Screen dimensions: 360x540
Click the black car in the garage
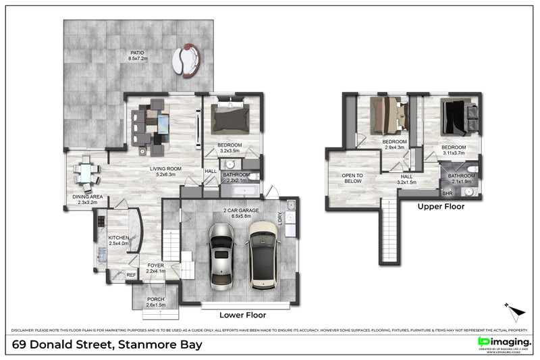(x=263, y=255)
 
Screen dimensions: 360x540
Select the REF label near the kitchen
(x=131, y=275)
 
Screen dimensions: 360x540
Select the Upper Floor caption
(x=441, y=207)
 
